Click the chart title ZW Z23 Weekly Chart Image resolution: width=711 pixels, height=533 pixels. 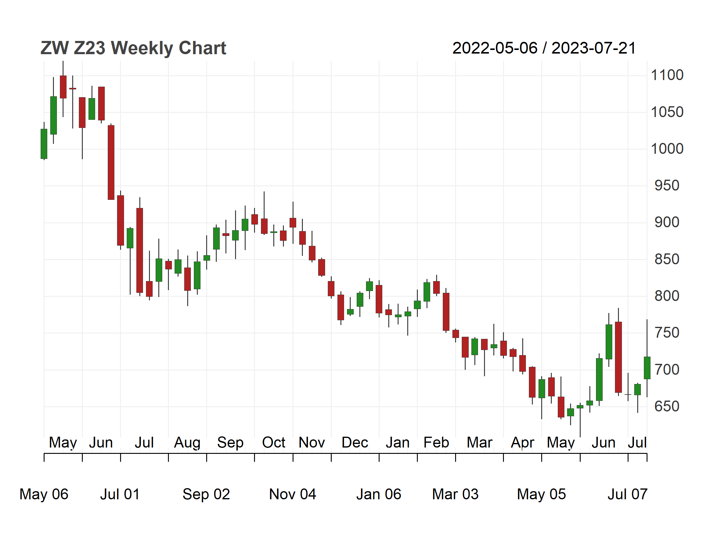click(x=133, y=48)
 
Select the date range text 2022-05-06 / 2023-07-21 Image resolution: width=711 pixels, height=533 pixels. click(x=544, y=48)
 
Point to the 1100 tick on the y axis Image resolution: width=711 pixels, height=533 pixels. click(x=667, y=75)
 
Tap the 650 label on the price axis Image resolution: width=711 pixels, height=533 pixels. click(x=667, y=406)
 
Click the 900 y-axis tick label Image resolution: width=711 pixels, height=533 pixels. click(x=667, y=222)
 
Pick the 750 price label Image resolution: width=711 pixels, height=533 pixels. click(x=667, y=333)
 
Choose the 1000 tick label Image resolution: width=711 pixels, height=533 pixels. click(x=667, y=149)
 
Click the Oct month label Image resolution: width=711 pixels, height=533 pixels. click(x=274, y=443)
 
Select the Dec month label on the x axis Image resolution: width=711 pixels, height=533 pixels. click(x=355, y=443)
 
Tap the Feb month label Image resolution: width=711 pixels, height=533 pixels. click(x=436, y=443)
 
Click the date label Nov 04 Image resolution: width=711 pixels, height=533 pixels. click(x=293, y=494)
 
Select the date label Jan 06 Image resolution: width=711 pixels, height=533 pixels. click(x=379, y=494)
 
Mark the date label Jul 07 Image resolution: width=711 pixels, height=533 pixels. click(x=627, y=494)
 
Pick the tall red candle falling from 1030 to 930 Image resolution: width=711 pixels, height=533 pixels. click(x=111, y=162)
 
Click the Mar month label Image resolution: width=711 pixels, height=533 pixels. click(x=479, y=443)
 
